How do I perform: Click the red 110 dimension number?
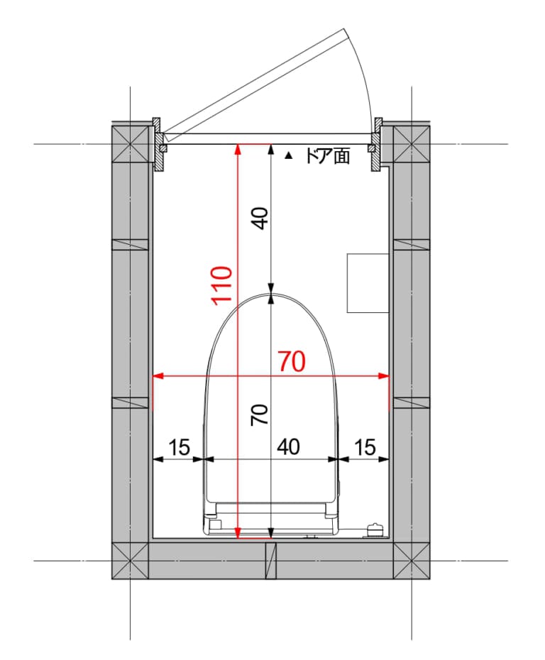tap(222, 286)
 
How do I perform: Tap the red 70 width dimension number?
tap(292, 361)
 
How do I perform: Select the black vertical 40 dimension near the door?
tap(261, 218)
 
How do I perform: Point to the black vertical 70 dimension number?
tap(260, 414)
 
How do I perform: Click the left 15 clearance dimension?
tap(179, 447)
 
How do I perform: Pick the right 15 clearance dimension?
tap(365, 447)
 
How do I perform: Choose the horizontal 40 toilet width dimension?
tap(288, 447)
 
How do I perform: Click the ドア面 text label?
tap(327, 156)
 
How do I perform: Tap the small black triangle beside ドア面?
tap(288, 155)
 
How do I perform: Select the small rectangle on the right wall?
tap(368, 283)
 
